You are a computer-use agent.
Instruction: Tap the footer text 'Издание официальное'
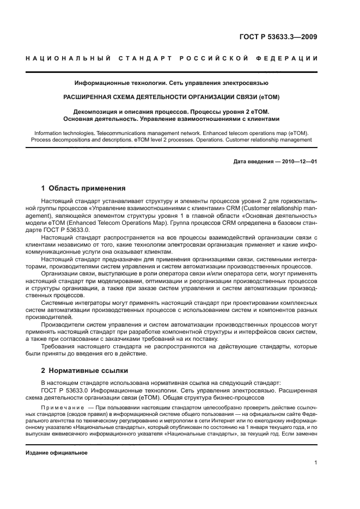tap(56, 453)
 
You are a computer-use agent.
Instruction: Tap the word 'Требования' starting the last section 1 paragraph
tap(60, 346)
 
